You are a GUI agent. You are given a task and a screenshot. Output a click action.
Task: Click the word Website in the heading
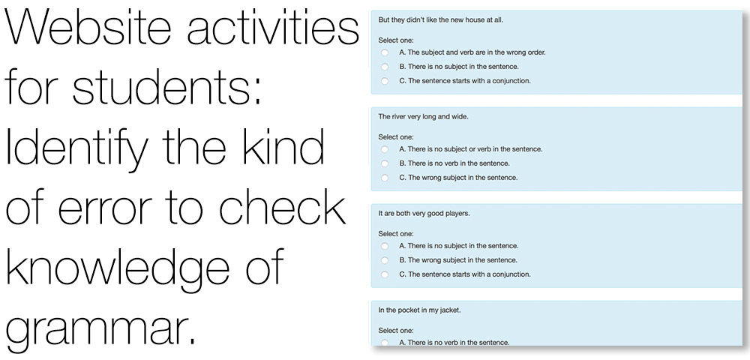point(88,28)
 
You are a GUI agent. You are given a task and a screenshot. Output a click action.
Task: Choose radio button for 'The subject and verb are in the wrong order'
point(385,52)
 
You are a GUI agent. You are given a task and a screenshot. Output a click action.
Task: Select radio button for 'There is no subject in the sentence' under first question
point(385,67)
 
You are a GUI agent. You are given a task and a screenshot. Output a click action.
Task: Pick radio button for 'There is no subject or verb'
point(385,149)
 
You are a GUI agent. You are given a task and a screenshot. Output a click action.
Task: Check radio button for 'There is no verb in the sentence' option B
point(385,163)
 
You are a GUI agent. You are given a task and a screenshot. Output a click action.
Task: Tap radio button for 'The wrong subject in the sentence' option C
point(385,178)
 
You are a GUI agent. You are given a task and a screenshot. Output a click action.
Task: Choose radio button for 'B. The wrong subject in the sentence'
point(385,260)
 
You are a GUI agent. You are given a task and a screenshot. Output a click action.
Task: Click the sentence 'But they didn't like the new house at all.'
point(440,20)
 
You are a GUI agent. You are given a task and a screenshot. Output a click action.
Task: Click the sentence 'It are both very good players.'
point(424,213)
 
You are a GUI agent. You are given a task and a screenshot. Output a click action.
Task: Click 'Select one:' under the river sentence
point(396,136)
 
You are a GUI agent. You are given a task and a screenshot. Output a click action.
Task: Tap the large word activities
point(273,28)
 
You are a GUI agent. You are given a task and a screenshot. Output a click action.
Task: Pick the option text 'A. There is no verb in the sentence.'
point(454,342)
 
